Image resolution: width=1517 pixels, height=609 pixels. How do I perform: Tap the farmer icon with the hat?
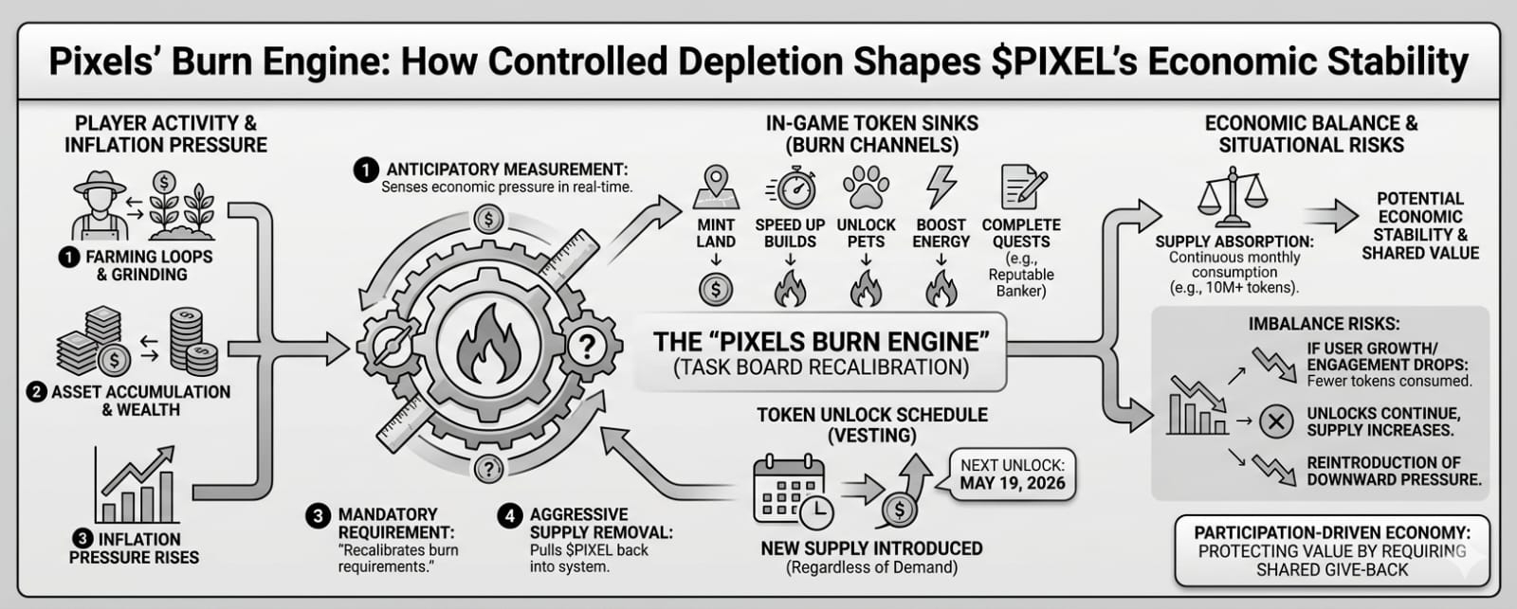pyautogui.click(x=99, y=206)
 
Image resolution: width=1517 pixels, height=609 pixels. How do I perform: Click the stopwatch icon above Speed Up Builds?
pyautogui.click(x=791, y=188)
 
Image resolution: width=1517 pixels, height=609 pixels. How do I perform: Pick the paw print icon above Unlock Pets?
pyautogui.click(x=866, y=188)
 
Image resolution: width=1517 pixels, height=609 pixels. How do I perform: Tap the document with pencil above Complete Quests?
pyautogui.click(x=1023, y=188)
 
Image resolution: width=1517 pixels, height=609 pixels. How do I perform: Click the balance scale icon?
pyautogui.click(x=1232, y=194)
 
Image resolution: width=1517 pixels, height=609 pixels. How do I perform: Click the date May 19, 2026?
pyautogui.click(x=1012, y=483)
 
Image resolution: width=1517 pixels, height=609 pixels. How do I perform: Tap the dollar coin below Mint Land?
pyautogui.click(x=716, y=289)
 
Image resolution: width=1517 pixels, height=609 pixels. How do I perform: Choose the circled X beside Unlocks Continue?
pyautogui.click(x=1275, y=421)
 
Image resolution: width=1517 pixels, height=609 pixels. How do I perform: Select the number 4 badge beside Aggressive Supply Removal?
pyautogui.click(x=510, y=515)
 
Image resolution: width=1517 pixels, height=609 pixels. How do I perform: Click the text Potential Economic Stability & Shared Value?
pyautogui.click(x=1419, y=225)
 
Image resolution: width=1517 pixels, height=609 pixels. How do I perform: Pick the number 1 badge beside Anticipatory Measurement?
pyautogui.click(x=366, y=170)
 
